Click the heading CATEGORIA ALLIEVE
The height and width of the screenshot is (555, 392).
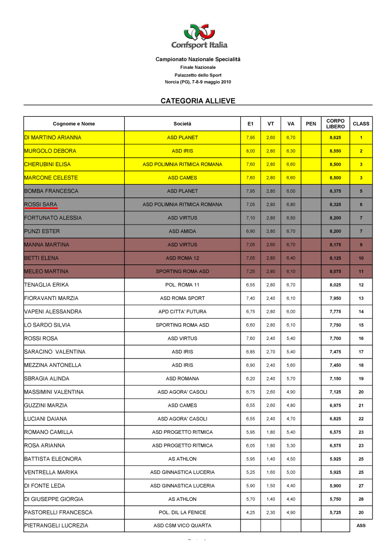click(x=198, y=101)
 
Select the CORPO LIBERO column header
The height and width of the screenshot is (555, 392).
click(x=336, y=123)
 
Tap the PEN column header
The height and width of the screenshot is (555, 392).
click(x=311, y=124)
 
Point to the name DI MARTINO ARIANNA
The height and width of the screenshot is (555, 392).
click(x=53, y=138)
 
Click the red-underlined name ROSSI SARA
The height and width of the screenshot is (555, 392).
click(x=41, y=205)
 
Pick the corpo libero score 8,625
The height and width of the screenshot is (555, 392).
click(x=336, y=138)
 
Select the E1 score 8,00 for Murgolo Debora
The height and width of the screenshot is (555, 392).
click(x=251, y=151)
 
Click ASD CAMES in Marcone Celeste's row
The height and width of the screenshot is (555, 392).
click(x=182, y=178)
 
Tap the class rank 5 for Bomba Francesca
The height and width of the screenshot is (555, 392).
click(x=361, y=191)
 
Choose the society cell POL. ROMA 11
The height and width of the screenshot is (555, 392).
click(x=182, y=285)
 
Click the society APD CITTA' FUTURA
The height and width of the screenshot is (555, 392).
click(x=182, y=312)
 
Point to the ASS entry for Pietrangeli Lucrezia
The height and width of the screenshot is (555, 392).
click(x=361, y=526)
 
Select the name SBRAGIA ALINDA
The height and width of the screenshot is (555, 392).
click(x=47, y=379)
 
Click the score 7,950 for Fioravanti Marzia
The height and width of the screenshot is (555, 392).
click(x=336, y=298)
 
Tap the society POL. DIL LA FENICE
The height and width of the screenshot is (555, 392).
click(x=182, y=513)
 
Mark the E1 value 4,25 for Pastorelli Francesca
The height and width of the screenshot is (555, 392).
click(x=251, y=513)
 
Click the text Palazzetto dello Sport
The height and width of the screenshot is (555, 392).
click(x=198, y=75)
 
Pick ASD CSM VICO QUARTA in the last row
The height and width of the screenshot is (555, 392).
click(x=182, y=526)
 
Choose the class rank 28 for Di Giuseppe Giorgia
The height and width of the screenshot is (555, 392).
click(x=361, y=499)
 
